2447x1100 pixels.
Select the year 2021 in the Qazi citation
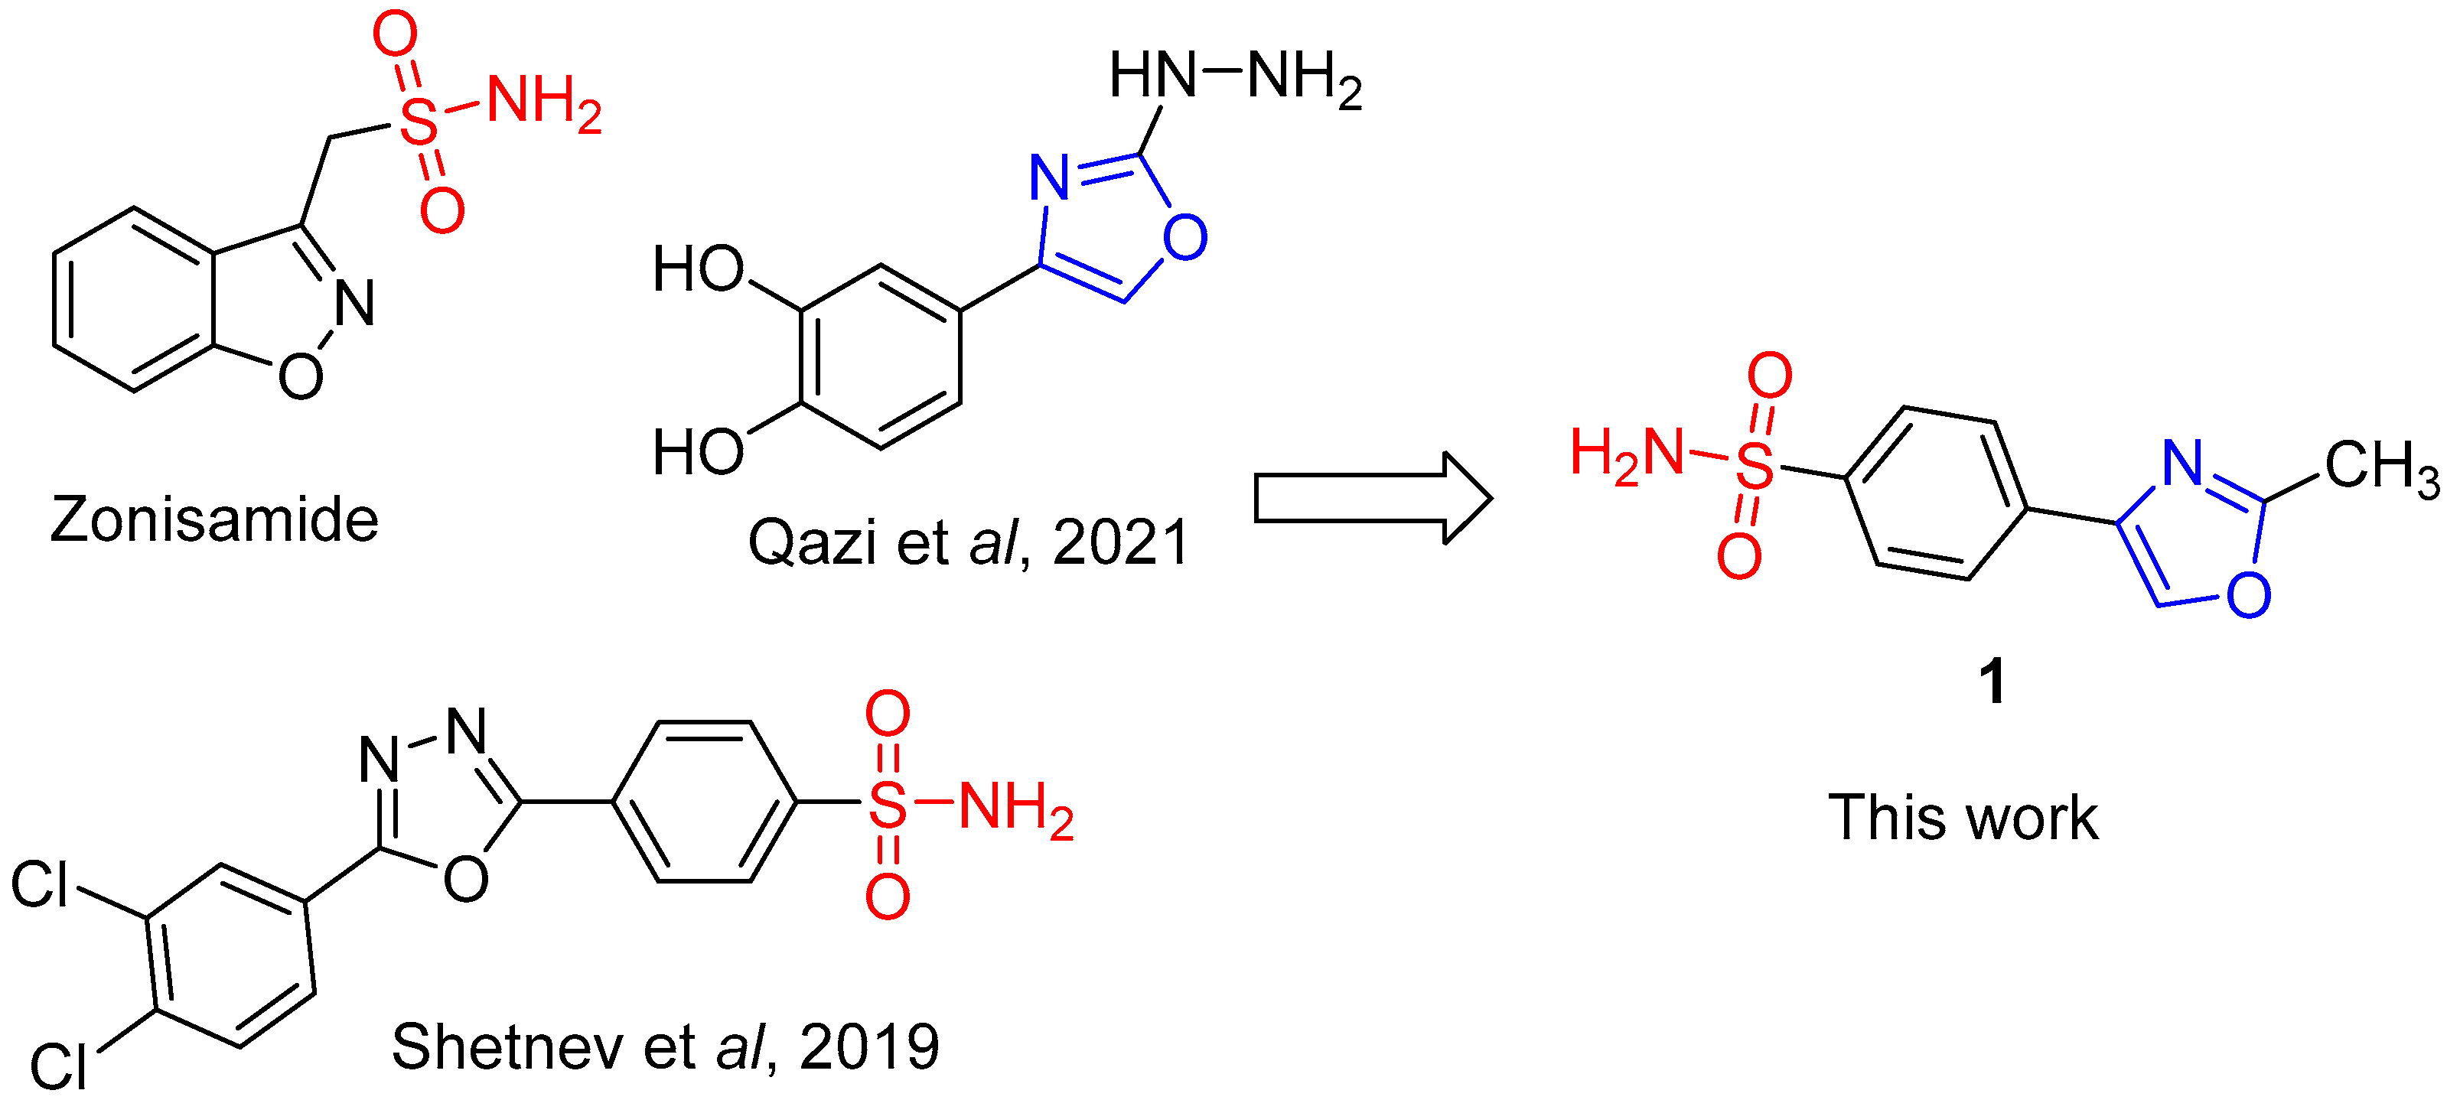1120,543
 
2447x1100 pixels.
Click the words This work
1963,818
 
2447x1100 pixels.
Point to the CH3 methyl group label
2380,467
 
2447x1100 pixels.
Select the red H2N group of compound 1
1626,454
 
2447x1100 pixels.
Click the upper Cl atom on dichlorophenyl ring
40,885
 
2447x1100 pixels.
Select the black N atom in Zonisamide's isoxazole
355,304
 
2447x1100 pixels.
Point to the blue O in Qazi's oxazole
1184,237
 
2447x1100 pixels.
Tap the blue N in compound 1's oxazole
2182,463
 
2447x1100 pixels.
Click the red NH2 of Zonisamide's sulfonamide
543,103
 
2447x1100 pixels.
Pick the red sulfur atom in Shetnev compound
888,805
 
